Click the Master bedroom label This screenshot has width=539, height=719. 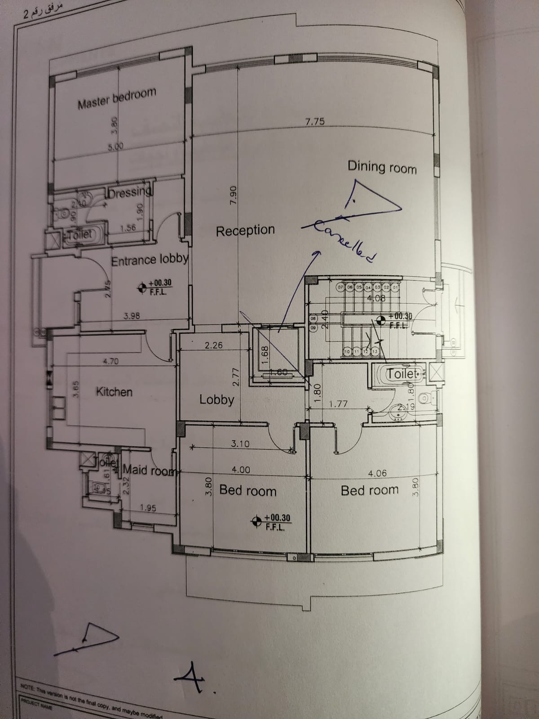pyautogui.click(x=117, y=98)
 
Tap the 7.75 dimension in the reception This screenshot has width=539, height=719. pyautogui.click(x=314, y=121)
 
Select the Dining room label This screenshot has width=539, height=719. pyautogui.click(x=382, y=167)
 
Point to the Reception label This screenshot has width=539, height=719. pyautogui.click(x=245, y=231)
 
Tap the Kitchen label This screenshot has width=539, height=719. pyautogui.click(x=114, y=392)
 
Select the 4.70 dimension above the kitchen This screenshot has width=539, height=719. pyautogui.click(x=110, y=361)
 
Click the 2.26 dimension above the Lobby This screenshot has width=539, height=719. pyautogui.click(x=213, y=346)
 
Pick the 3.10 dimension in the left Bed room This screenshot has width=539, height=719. pyautogui.click(x=240, y=444)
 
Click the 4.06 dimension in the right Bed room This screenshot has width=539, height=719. pyautogui.click(x=377, y=473)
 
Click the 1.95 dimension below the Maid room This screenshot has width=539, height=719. pyautogui.click(x=148, y=508)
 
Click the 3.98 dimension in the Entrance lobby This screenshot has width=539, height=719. pyautogui.click(x=132, y=316)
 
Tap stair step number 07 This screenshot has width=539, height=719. pyautogui.click(x=340, y=287)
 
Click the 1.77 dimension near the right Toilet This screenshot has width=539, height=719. pyautogui.click(x=338, y=404)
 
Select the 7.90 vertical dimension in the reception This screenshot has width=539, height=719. pyautogui.click(x=233, y=196)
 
